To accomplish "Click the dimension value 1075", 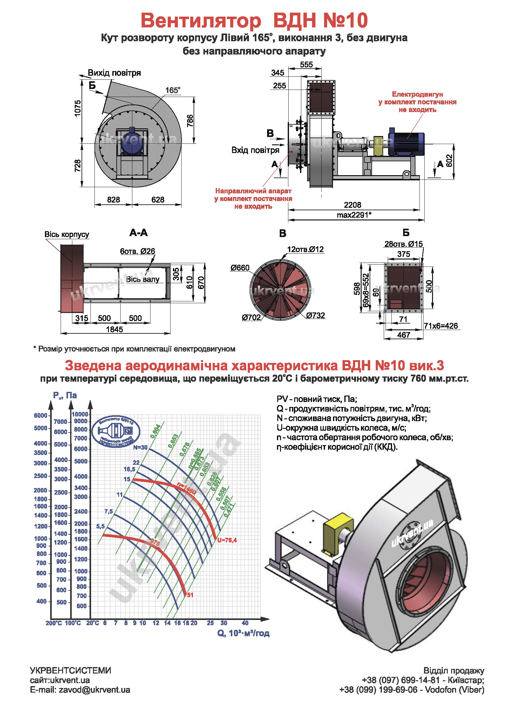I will [x=78, y=108].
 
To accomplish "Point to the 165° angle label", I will [x=173, y=91].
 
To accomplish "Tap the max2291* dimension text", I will [x=354, y=215].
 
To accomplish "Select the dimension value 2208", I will [x=353, y=205].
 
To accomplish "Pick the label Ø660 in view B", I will [x=240, y=268].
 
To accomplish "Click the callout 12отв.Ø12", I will [x=305, y=250].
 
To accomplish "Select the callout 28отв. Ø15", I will [x=403, y=244].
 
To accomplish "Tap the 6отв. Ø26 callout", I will [x=137, y=251].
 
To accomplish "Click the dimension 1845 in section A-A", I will [x=114, y=329].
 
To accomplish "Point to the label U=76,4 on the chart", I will [x=227, y=540].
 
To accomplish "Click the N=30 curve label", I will [x=140, y=448].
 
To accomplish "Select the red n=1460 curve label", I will [x=186, y=488].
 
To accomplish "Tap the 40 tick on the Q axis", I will [x=245, y=623].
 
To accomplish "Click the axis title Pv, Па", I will [x=65, y=396].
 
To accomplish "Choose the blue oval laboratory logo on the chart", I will [x=116, y=432].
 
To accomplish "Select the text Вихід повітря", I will [x=114, y=73].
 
